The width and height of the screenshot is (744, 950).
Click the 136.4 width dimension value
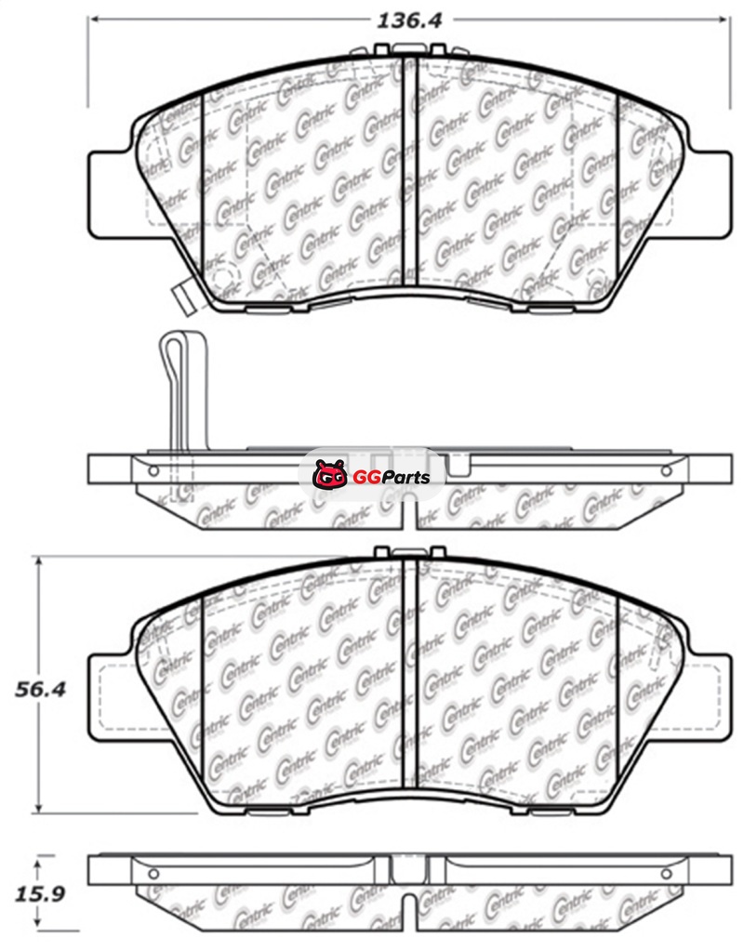point(410,20)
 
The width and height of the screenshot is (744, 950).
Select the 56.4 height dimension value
point(40,689)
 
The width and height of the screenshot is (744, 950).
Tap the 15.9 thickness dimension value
point(40,893)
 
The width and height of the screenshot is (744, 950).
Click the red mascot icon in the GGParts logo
point(330,474)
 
